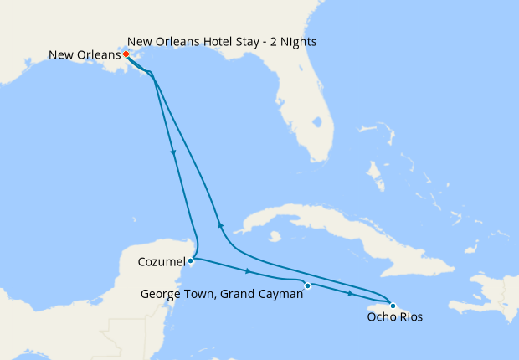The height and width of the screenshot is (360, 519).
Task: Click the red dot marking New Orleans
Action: (126, 54)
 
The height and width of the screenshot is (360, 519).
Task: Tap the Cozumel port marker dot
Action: (192, 260)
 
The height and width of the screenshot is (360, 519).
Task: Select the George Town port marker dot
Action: (307, 286)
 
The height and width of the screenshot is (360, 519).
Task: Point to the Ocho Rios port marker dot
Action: (393, 306)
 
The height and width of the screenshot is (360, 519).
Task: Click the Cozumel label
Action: (161, 262)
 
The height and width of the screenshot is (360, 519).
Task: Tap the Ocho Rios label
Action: (395, 317)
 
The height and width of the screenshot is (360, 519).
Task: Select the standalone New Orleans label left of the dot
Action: (85, 56)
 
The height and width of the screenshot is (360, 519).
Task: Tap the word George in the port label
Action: (160, 294)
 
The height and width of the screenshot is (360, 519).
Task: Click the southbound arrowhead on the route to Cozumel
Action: (173, 152)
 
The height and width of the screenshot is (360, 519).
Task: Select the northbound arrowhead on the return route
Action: (220, 224)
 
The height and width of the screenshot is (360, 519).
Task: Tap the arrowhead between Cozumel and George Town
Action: (248, 271)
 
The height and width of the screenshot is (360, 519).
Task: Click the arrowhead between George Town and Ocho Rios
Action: (350, 293)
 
